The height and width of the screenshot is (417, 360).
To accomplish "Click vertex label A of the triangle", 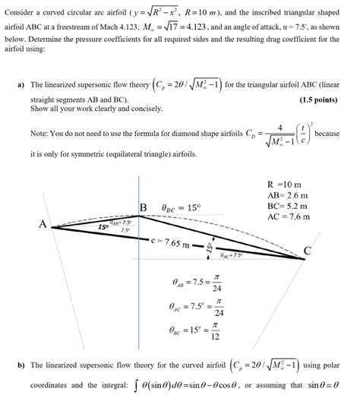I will (x=43, y=223).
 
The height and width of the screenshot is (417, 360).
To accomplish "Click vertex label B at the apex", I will (x=143, y=207).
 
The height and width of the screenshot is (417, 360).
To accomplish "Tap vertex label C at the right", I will (x=308, y=251).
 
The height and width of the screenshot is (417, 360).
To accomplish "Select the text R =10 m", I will (x=286, y=185).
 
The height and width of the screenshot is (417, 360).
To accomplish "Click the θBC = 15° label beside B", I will (x=181, y=207).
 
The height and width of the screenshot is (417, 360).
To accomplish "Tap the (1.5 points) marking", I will (x=318, y=100).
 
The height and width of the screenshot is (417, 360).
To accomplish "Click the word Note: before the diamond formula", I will (x=40, y=134).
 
